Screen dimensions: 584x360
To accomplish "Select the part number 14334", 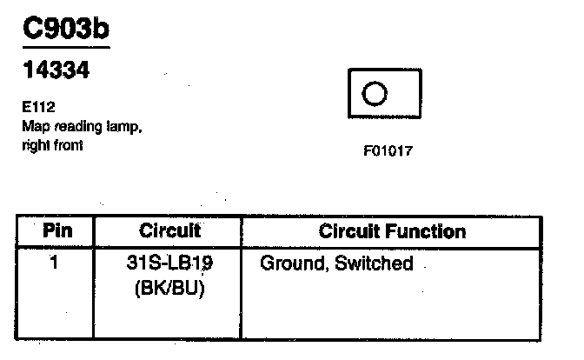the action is [x=55, y=72].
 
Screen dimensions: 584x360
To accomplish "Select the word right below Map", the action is [x=34, y=145].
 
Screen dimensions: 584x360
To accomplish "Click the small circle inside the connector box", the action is [x=375, y=92].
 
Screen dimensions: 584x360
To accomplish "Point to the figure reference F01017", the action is [x=388, y=150].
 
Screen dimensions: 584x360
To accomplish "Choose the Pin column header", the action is [x=56, y=231].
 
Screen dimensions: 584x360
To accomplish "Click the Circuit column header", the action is [x=169, y=231].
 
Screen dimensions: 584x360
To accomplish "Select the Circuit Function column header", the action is [x=392, y=231].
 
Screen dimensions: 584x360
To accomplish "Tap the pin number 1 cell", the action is [x=55, y=262].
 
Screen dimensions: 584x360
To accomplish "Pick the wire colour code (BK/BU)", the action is [x=169, y=289].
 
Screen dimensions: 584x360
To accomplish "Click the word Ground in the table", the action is [x=293, y=263].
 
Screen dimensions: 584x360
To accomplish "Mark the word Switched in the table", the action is [x=374, y=263].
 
